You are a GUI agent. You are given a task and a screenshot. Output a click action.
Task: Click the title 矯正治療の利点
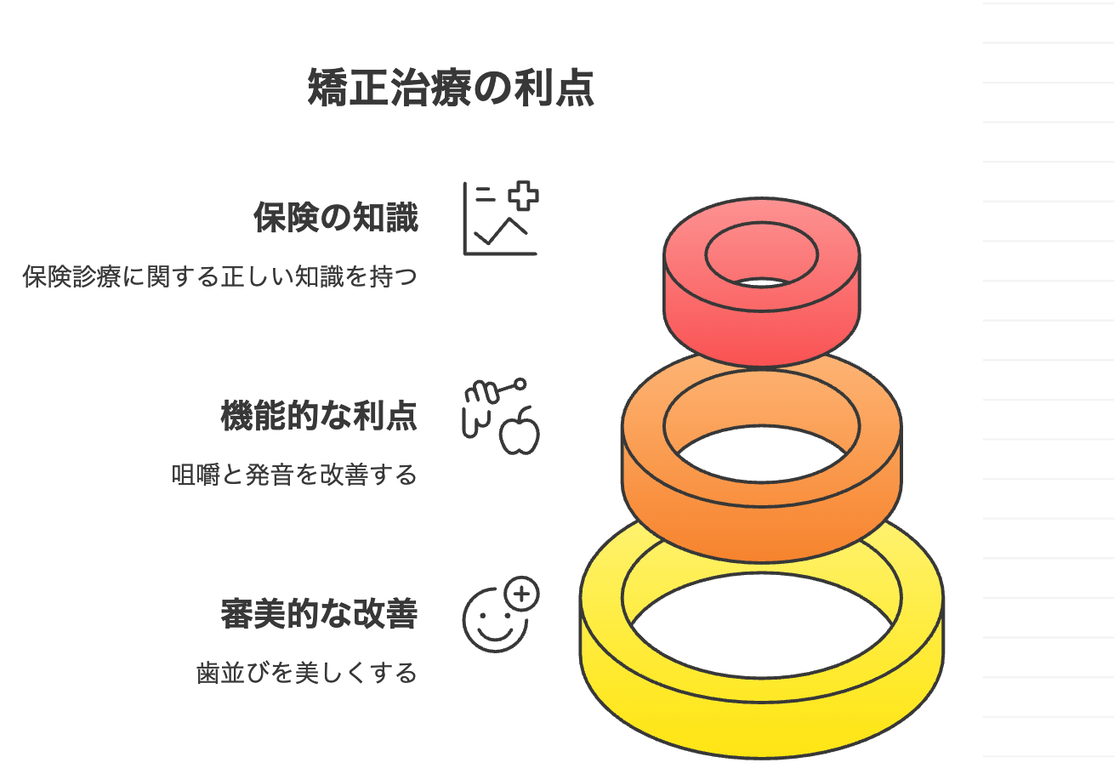pos(450,88)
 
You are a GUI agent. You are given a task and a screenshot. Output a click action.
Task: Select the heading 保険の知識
pos(336,218)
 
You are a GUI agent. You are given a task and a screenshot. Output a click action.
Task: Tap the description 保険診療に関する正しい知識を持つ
pos(220,276)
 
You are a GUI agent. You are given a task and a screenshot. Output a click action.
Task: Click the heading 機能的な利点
pos(319,416)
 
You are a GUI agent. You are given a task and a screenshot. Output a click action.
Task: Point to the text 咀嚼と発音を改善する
pos(294,475)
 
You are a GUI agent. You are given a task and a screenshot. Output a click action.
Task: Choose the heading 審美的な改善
pos(319,614)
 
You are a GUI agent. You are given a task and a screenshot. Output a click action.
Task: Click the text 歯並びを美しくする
pos(307,673)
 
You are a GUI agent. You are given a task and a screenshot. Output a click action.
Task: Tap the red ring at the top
pos(762,323)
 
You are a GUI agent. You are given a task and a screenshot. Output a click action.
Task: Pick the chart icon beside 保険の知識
pos(500,219)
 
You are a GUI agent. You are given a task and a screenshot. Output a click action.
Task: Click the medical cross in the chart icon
pos(524,196)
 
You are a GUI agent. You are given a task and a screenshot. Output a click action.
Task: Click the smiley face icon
pos(493,619)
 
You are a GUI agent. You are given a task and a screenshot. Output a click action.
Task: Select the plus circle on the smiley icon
pos(522,594)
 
